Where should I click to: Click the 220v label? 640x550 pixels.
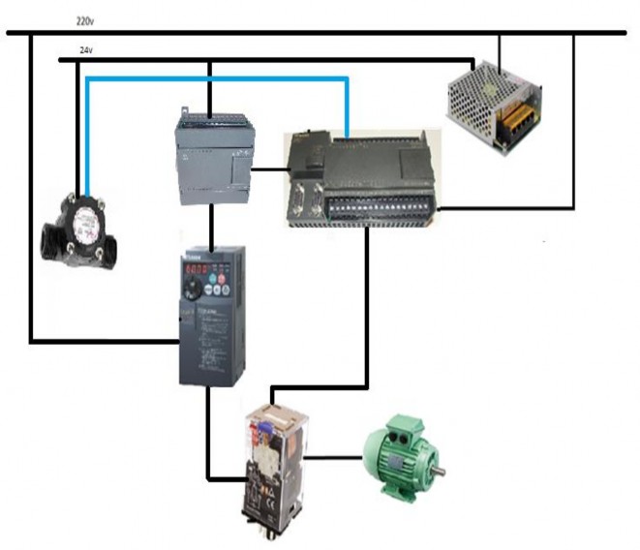click(84, 19)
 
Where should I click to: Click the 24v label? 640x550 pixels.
click(84, 49)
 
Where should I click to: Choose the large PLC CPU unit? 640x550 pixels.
click(359, 180)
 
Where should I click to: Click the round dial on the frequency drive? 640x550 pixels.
click(198, 290)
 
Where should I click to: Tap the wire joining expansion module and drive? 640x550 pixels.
click(210, 228)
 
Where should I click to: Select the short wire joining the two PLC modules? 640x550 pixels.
click(269, 169)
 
